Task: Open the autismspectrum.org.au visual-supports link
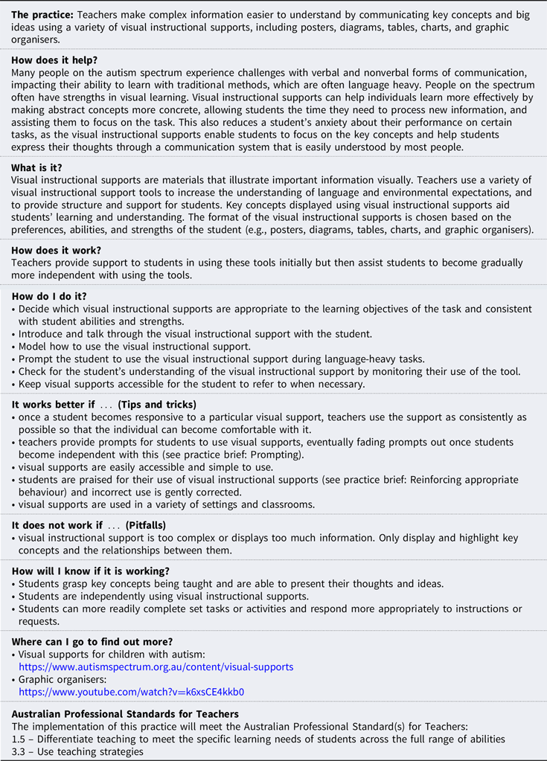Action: click(156, 667)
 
